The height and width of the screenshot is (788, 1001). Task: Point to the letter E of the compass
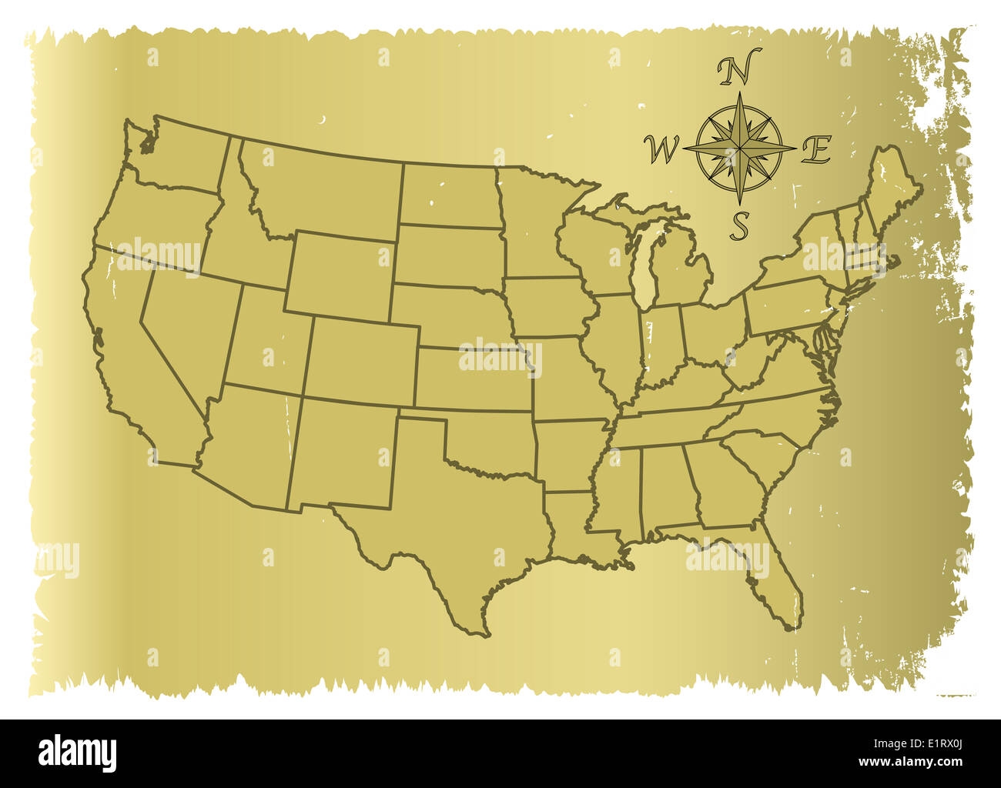[x=815, y=149]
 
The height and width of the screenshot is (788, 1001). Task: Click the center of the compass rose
[x=739, y=145]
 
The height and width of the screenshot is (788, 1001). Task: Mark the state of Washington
[x=185, y=154]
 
